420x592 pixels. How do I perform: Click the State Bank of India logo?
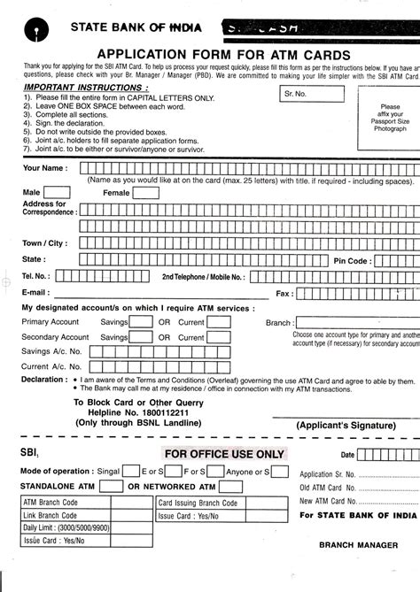tap(36, 27)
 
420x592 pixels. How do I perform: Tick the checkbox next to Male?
tap(58, 192)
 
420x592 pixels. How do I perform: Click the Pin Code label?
tap(351, 260)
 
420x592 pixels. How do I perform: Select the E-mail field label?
tap(35, 291)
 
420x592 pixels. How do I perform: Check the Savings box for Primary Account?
tap(141, 322)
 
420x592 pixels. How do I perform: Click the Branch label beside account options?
tap(278, 323)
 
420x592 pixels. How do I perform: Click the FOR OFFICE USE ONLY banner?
tap(224, 454)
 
